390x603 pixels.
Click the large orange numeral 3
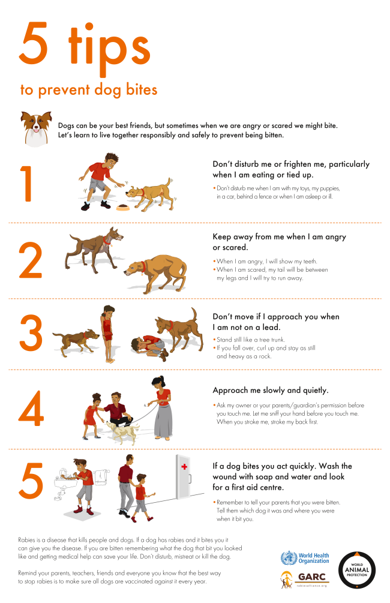(31, 333)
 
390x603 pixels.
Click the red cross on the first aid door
(184, 466)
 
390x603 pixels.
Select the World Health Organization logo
(305, 558)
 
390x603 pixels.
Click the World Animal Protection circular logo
(357, 570)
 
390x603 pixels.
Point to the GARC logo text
(311, 577)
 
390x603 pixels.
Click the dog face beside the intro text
(36, 128)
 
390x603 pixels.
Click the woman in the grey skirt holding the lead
(162, 407)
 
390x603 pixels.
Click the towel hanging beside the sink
(100, 477)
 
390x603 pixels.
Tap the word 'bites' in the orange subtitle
(142, 89)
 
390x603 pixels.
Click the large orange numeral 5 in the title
(34, 43)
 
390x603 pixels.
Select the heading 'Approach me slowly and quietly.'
(271, 391)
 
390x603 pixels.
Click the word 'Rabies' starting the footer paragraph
(26, 540)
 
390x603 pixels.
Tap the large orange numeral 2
(31, 260)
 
